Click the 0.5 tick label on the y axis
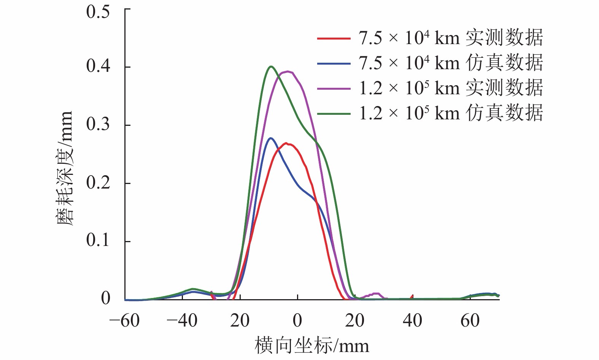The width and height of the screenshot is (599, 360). click(x=98, y=11)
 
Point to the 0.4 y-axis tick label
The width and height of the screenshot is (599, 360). click(x=98, y=66)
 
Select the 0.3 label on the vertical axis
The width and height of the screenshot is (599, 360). click(x=98, y=124)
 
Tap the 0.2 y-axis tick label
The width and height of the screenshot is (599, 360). click(x=98, y=182)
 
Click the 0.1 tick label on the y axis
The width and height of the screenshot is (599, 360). click(x=98, y=240)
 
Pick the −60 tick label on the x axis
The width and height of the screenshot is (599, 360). click(x=124, y=321)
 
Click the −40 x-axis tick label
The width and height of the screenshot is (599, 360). click(x=182, y=321)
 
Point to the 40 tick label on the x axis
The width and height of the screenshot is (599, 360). click(x=413, y=321)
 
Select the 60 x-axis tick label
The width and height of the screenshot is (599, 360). click(x=470, y=321)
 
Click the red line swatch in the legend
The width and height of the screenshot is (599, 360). click(x=334, y=38)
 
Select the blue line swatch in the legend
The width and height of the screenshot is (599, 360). click(x=334, y=63)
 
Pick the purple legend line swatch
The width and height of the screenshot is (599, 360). click(x=334, y=89)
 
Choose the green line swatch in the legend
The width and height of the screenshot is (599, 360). click(x=334, y=113)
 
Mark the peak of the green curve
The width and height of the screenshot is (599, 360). click(x=270, y=67)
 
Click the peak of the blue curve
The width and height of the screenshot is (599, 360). click(x=270, y=138)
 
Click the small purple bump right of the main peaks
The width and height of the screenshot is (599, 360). click(x=376, y=293)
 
